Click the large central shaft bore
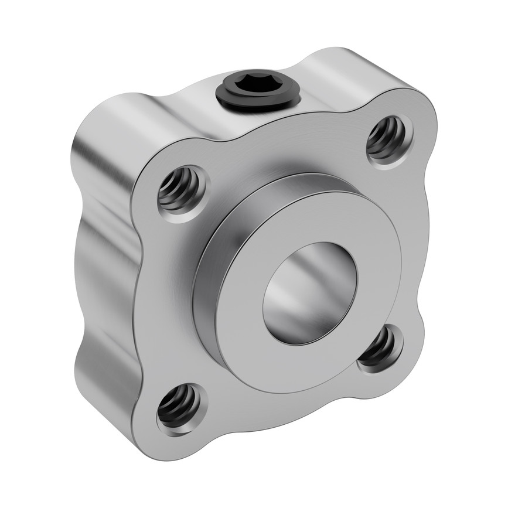point(309,293)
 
